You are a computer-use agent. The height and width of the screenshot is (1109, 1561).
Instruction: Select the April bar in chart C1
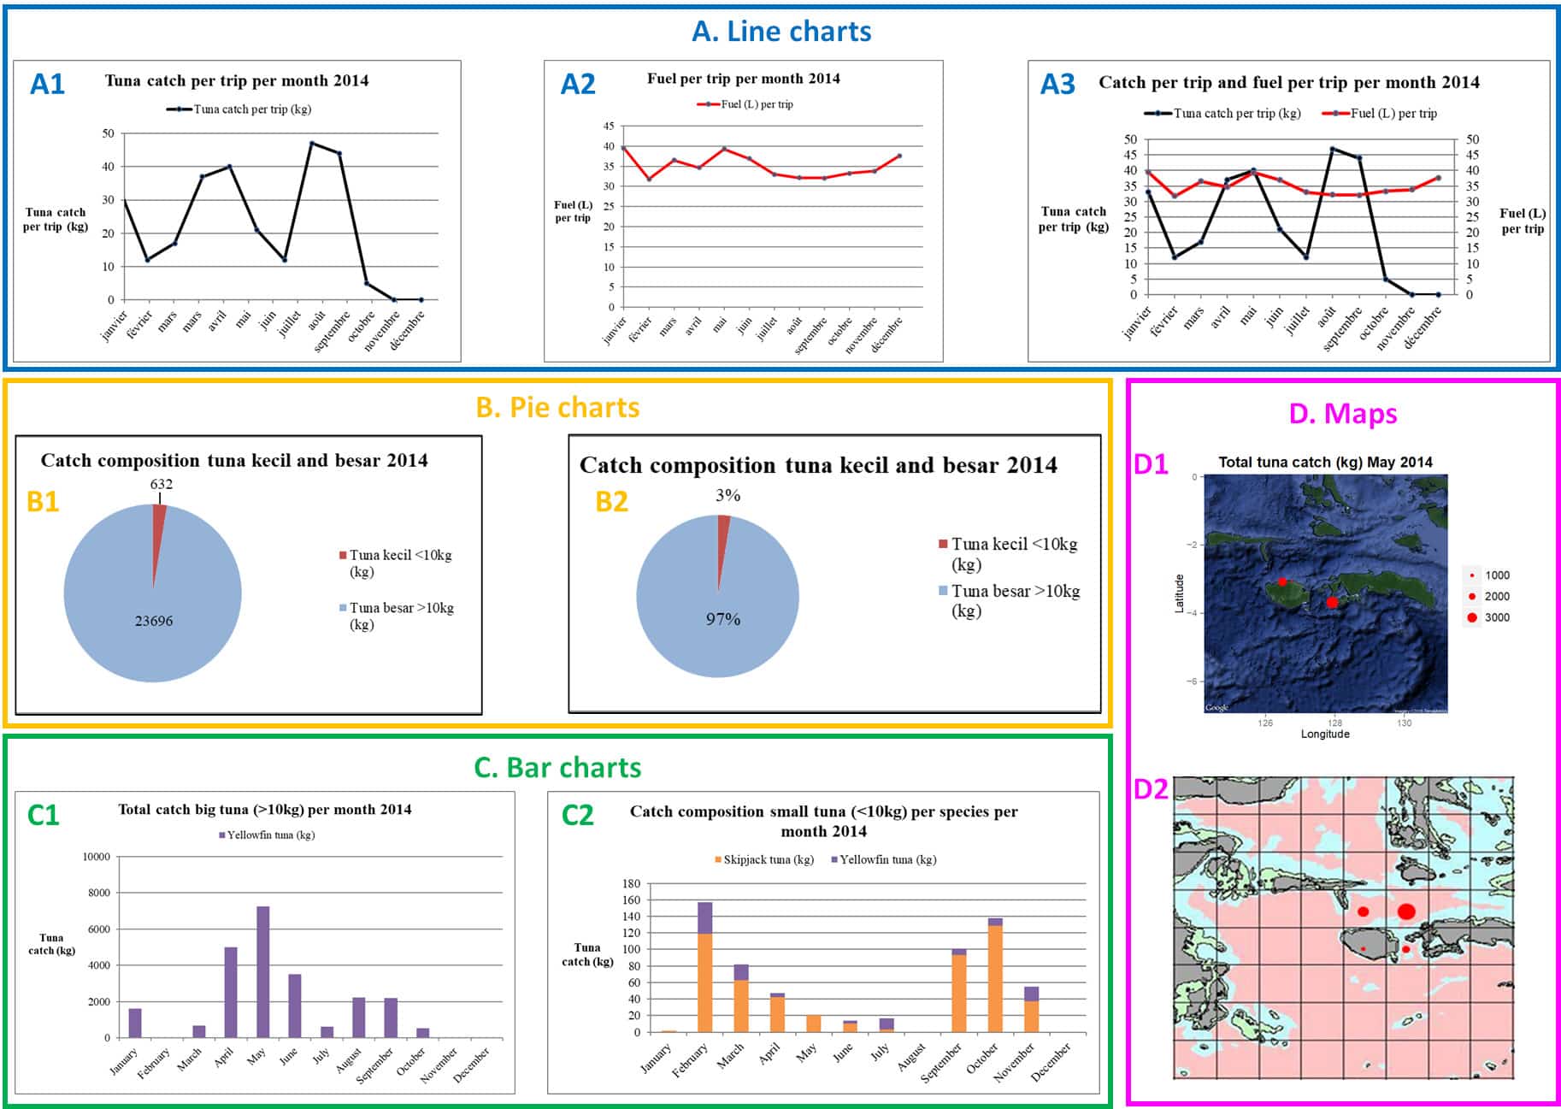(x=231, y=992)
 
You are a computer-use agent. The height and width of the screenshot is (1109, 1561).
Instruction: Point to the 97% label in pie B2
(x=723, y=619)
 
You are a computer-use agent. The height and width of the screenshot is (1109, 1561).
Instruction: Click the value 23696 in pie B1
(x=154, y=621)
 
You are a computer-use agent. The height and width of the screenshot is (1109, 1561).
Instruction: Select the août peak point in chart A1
(x=312, y=144)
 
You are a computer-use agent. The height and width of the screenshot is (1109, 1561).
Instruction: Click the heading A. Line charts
(x=781, y=32)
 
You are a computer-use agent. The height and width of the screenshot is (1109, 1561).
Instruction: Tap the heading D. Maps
(x=1342, y=414)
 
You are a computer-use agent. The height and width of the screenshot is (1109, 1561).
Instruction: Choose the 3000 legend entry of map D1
(x=1488, y=617)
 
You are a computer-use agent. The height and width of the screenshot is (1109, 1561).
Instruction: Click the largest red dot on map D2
(x=1406, y=911)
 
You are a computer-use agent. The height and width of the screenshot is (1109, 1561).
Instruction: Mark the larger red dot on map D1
(x=1332, y=603)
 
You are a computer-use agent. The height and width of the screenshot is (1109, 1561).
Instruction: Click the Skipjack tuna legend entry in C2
(x=764, y=859)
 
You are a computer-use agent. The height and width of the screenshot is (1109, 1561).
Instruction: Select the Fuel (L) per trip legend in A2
(x=746, y=104)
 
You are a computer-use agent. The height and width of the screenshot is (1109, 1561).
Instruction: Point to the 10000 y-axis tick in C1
(x=97, y=857)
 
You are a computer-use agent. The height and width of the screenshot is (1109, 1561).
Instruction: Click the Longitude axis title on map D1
(x=1325, y=734)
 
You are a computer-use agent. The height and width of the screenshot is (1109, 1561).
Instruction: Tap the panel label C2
(x=577, y=815)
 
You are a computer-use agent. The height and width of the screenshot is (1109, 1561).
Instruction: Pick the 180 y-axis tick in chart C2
(x=631, y=883)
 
